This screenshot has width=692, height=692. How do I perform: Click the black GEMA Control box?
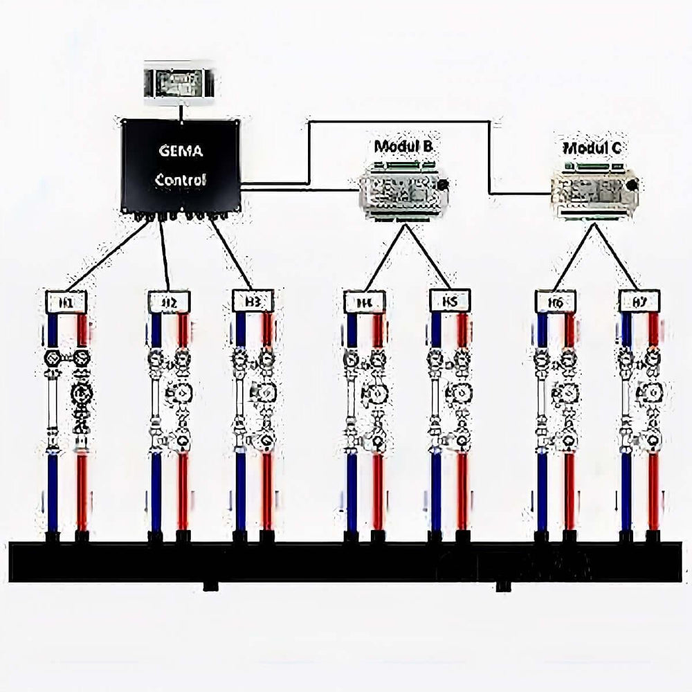click(181, 166)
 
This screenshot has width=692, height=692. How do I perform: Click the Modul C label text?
click(592, 147)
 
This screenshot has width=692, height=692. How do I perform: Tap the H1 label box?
click(66, 302)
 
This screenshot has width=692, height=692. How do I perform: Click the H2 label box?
click(169, 302)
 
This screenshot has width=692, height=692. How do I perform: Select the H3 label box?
click(253, 302)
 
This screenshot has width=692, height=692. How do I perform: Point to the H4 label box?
click(365, 302)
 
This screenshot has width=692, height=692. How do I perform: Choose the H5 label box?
click(450, 302)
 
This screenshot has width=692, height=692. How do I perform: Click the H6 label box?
click(556, 302)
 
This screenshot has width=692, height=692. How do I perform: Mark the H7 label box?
click(639, 302)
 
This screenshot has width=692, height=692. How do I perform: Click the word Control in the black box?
click(181, 181)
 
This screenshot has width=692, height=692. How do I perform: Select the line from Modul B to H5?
click(426, 256)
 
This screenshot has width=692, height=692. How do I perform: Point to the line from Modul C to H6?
click(574, 256)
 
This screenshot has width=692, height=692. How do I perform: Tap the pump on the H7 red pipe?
click(652, 394)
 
